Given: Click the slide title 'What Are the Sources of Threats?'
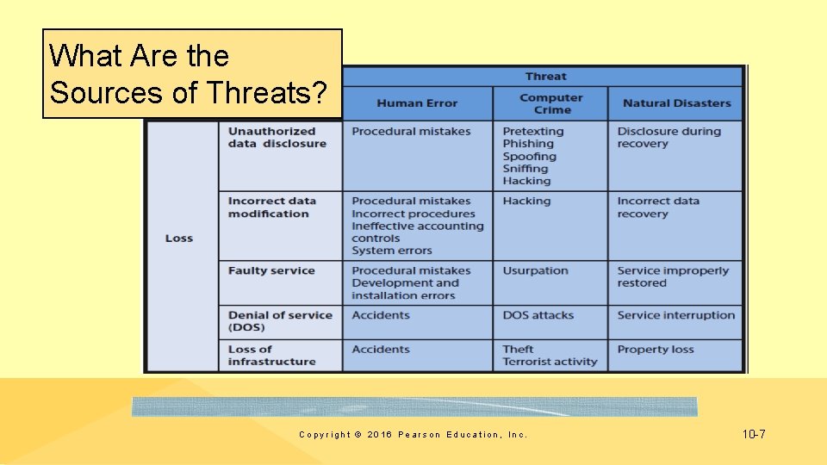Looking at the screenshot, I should [191, 74].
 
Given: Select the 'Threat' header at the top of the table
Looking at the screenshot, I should [546, 77].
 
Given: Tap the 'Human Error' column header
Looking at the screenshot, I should [417, 103].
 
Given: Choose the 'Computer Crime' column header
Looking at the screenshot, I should [551, 103].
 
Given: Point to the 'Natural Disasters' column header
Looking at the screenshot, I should [676, 103].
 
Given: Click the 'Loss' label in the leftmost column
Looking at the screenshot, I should [179, 239].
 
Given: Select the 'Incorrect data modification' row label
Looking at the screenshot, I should [271, 208].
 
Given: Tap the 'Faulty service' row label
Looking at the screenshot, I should [271, 270].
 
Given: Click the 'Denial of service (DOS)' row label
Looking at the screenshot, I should [280, 321].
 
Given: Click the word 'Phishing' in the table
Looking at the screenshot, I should [528, 144].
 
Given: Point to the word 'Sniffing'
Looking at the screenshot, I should [525, 169].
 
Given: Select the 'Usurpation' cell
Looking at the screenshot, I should [535, 270].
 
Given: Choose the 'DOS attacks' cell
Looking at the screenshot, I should [538, 315].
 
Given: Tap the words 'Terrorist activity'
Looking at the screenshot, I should [550, 362].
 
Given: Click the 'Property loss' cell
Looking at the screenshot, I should [655, 350].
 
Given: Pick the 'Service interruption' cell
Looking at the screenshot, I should [675, 315].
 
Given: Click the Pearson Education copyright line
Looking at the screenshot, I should [413, 435].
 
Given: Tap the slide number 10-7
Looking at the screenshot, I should [753, 434].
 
